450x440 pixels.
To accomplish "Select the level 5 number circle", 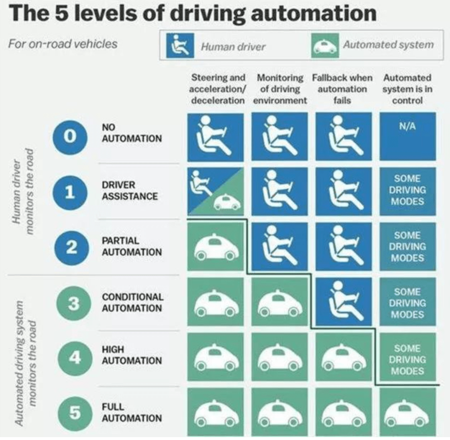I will (74, 412).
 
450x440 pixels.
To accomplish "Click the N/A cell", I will (407, 136).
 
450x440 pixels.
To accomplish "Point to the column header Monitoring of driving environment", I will (280, 89).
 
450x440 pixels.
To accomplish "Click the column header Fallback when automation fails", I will (342, 89).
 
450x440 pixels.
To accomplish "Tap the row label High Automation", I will (131, 355).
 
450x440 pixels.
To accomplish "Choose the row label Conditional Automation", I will (132, 302).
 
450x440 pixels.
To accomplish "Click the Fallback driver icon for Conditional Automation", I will (343, 302).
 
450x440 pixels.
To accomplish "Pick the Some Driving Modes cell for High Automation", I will (407, 359).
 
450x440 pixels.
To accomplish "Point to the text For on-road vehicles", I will (63, 44).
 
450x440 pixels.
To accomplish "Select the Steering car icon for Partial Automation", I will (216, 247).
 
